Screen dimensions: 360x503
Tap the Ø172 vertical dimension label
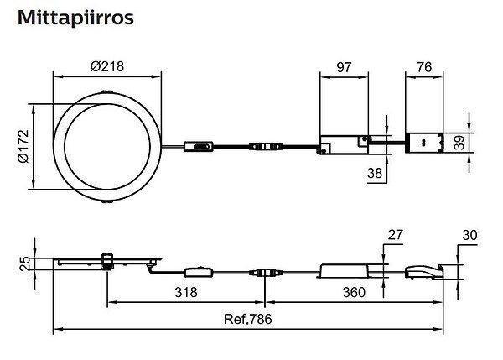click(x=24, y=148)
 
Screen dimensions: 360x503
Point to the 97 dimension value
click(x=344, y=66)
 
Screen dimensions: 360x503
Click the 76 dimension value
click(x=424, y=66)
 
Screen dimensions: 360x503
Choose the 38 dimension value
click(x=374, y=173)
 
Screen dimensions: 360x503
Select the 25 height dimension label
click(x=24, y=263)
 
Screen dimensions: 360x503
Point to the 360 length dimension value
click(x=355, y=293)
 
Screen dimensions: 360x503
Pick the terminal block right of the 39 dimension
click(x=425, y=143)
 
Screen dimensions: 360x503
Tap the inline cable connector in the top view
click(x=269, y=148)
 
